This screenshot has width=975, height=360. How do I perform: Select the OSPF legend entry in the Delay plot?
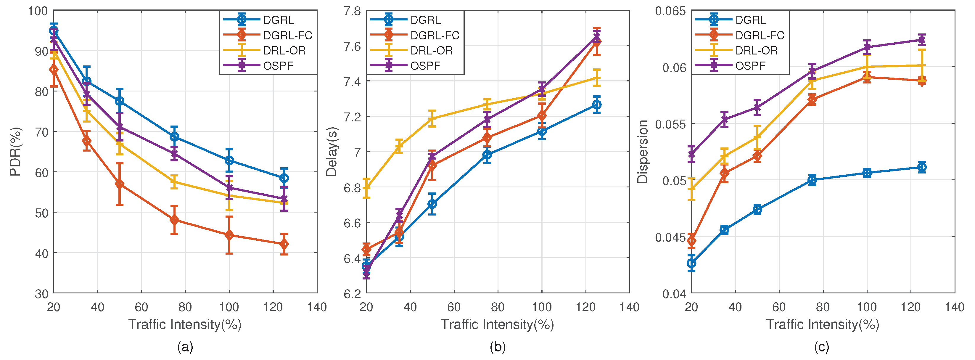point(425,66)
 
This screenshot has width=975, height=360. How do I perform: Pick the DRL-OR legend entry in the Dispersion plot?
point(756,50)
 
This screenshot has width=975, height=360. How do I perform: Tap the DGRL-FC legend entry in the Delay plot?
point(435,35)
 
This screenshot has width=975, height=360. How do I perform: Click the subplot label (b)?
point(497,347)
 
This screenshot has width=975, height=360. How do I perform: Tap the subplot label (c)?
point(822,347)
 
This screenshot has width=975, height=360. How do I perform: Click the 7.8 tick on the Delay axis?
point(352,11)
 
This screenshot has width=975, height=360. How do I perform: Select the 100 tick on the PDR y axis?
point(38,11)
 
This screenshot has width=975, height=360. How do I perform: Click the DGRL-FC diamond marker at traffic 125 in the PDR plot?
point(284,245)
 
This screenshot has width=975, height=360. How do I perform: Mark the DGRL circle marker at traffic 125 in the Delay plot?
point(596,105)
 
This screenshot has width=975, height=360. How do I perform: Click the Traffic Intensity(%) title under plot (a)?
point(185,324)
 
